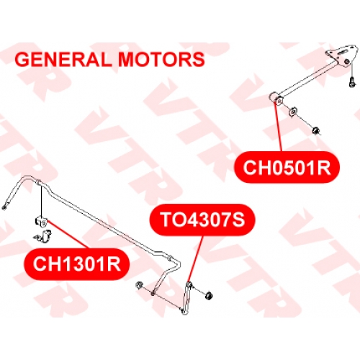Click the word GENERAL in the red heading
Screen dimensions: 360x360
(x=63, y=59)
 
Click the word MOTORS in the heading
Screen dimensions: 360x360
(x=161, y=59)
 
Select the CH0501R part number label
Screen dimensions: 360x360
(x=287, y=167)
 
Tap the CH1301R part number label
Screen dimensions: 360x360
(x=76, y=264)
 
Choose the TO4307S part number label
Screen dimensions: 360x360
(x=202, y=220)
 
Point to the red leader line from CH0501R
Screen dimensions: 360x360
(x=279, y=127)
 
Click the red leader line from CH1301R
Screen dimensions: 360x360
(x=68, y=235)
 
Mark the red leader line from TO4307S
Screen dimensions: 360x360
(x=196, y=258)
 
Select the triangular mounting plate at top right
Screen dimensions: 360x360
(x=341, y=57)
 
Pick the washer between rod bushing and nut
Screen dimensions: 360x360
(x=293, y=112)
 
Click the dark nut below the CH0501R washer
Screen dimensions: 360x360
(x=316, y=130)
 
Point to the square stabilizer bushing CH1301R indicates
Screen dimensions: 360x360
(x=42, y=222)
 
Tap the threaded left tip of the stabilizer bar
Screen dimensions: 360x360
(x=4, y=207)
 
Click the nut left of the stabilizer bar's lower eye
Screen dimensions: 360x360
(x=139, y=285)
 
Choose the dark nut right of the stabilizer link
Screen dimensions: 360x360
(x=209, y=295)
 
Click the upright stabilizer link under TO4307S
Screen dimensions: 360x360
(x=186, y=297)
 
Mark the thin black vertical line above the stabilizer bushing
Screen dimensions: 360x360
(x=42, y=200)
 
